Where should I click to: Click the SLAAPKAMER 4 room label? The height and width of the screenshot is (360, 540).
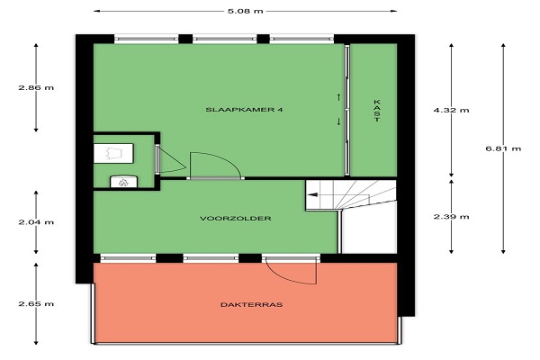pos(244,110)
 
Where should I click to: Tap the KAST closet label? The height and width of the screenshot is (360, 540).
pos(377,111)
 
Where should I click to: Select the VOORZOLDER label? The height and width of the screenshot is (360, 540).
pos(236,219)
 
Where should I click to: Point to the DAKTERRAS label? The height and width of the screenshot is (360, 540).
pos(251,304)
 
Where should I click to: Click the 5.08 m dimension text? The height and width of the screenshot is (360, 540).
pos(245,11)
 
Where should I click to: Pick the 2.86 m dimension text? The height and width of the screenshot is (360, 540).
pos(36,87)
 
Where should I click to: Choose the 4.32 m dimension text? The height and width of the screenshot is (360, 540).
pos(451,110)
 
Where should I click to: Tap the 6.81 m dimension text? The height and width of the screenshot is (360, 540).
pos(503,148)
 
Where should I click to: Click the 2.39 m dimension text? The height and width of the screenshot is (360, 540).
pos(451,217)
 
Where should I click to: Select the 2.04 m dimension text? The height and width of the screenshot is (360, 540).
pos(36,222)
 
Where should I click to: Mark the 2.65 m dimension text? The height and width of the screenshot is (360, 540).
pos(36,304)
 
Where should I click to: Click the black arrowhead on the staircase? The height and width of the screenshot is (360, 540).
pos(312,194)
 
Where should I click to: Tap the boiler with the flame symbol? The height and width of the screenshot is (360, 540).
pos(123,182)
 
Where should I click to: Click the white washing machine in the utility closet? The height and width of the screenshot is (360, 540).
pos(113,153)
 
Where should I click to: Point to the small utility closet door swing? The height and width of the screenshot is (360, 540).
pos(172,160)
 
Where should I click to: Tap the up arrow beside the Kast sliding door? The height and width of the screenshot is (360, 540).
pos(339,97)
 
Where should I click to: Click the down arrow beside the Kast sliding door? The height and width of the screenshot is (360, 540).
pos(339,121)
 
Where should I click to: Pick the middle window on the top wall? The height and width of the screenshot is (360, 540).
pos(224,39)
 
